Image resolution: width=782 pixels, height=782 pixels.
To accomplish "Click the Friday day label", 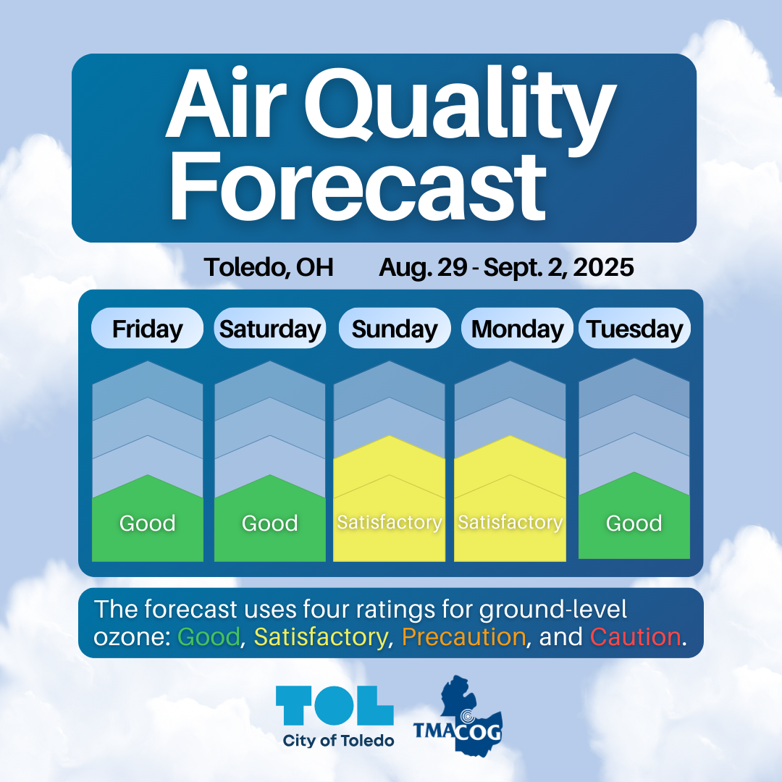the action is (147, 329).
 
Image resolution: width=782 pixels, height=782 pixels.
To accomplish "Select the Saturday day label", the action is (270, 329).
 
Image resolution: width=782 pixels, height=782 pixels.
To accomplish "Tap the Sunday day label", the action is (395, 329).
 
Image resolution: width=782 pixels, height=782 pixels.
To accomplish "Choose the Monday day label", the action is (517, 329).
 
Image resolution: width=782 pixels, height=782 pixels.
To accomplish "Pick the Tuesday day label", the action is (634, 329).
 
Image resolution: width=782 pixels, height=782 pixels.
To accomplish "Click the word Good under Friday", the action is (148, 524).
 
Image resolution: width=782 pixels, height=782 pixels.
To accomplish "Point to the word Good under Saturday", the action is (270, 524).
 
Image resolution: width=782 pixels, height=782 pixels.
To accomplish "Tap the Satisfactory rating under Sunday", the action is (390, 522).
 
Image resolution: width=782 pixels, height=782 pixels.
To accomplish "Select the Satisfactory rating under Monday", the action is (510, 522).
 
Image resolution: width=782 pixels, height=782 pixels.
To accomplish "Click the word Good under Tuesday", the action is (634, 524).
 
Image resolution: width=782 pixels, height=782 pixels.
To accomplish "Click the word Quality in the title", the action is (460, 107).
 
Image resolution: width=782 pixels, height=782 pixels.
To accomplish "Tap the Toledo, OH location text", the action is (269, 267).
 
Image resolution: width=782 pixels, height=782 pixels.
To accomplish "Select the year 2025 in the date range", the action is (603, 267).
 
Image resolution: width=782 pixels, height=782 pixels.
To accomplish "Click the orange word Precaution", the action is (464, 637).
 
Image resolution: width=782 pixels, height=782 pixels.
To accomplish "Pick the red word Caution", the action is (636, 637).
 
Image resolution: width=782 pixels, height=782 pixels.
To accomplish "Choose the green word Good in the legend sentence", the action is (209, 637).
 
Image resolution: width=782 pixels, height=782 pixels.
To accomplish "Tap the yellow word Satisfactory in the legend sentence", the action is (321, 638).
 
